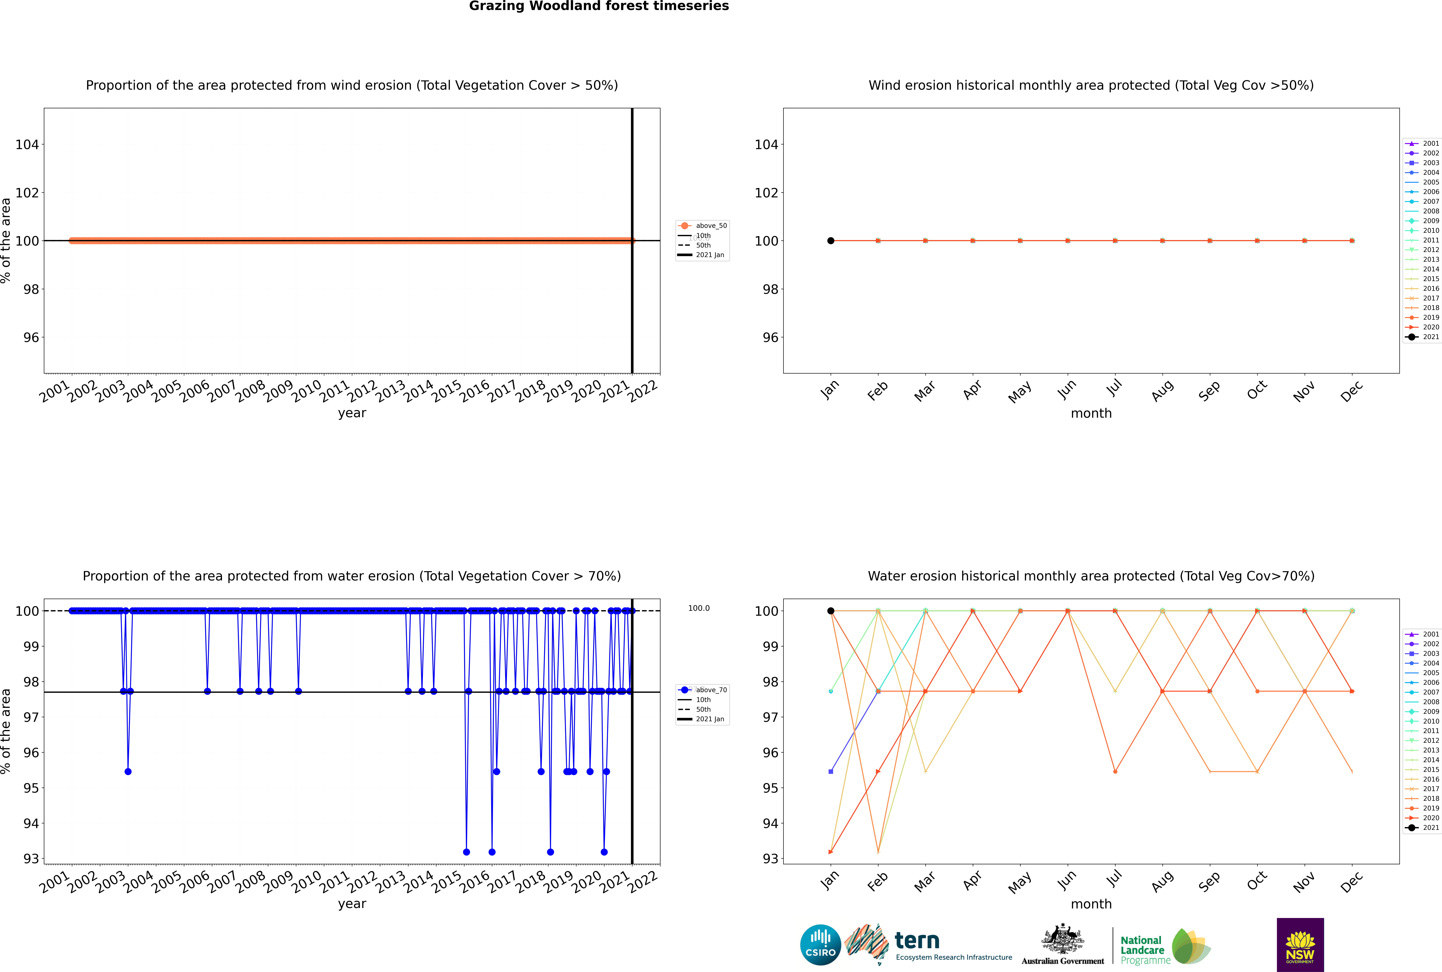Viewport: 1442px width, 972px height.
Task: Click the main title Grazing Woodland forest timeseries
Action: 599,6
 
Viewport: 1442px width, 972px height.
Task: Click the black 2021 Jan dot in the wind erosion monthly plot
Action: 831,240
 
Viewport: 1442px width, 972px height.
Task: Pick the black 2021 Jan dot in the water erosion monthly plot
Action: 831,611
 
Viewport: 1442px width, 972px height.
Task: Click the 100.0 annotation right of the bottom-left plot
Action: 699,608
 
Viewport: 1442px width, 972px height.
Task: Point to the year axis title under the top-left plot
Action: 352,413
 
